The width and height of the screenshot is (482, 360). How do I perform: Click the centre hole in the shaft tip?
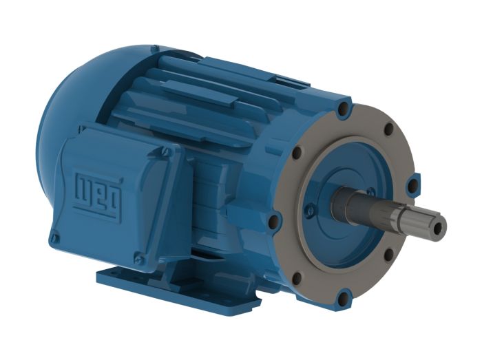(440, 228)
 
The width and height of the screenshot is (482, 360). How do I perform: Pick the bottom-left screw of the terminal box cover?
(55, 237)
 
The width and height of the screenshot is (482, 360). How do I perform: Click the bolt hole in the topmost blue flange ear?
(344, 109)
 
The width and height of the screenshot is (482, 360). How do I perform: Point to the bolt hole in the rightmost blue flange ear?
(412, 185)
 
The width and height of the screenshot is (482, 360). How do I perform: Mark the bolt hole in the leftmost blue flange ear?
(273, 220)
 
